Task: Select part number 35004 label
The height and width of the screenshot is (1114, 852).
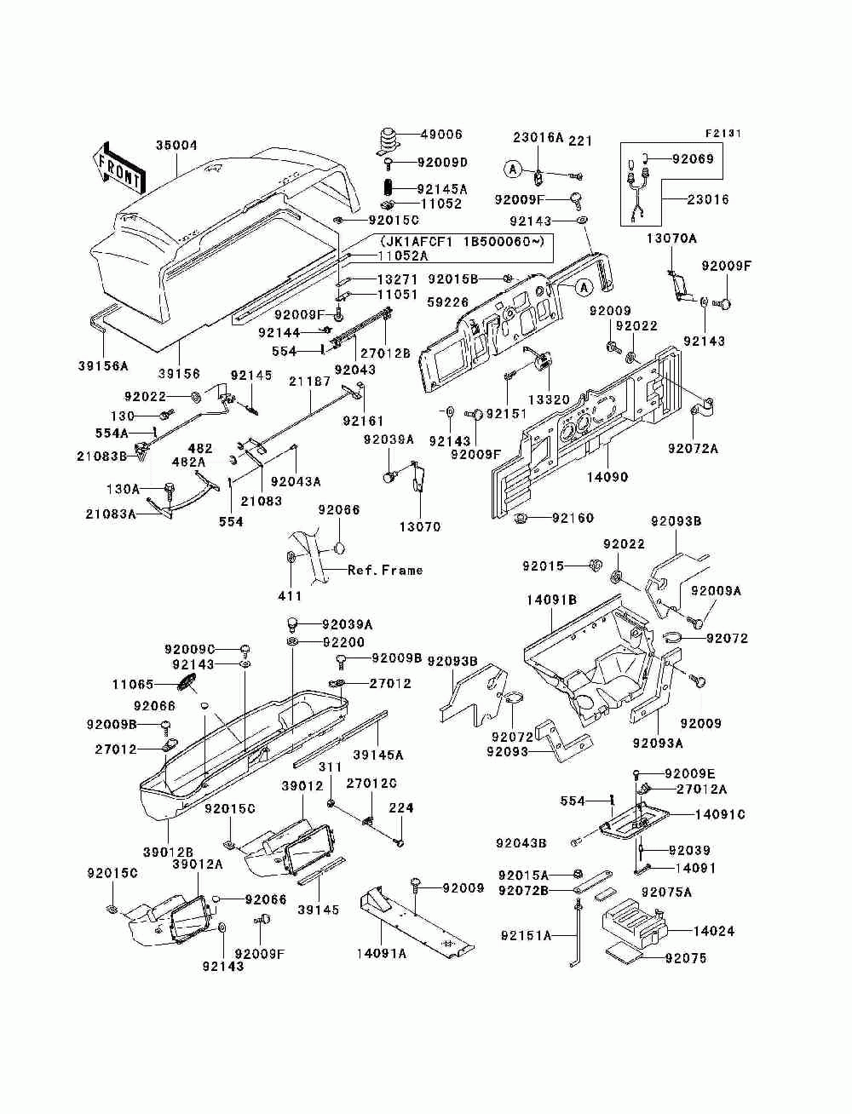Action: pyautogui.click(x=176, y=146)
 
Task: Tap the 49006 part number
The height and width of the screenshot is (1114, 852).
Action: pyautogui.click(x=441, y=135)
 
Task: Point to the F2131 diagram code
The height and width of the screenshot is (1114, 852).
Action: pyautogui.click(x=723, y=134)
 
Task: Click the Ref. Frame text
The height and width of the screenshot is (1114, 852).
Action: pyautogui.click(x=385, y=570)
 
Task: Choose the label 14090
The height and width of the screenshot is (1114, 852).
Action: pyautogui.click(x=607, y=477)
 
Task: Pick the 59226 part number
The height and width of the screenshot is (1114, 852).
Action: pyautogui.click(x=448, y=302)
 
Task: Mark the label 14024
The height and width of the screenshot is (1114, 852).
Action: pyautogui.click(x=714, y=931)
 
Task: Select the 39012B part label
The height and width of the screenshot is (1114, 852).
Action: pyautogui.click(x=168, y=853)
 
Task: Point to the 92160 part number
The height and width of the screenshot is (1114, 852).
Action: pyautogui.click(x=573, y=518)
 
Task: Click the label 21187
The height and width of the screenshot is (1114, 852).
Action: pyautogui.click(x=310, y=382)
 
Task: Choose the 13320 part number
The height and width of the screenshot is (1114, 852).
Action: pyautogui.click(x=549, y=399)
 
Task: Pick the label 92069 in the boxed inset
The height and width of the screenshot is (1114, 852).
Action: pyautogui.click(x=693, y=159)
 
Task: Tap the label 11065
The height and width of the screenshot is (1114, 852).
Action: pyautogui.click(x=133, y=684)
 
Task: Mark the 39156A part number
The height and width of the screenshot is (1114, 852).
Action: pyautogui.click(x=104, y=365)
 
